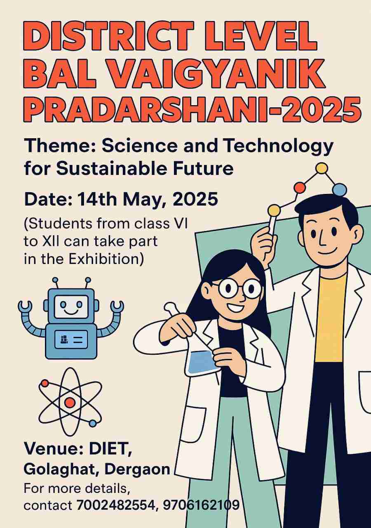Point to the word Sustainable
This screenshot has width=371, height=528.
pos(111,168)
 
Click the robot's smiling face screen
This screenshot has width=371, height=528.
pos(70,306)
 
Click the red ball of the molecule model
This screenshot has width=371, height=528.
pos(300,187)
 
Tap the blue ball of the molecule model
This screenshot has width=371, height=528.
pos(340,190)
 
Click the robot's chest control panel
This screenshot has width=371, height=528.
pos(71,339)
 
